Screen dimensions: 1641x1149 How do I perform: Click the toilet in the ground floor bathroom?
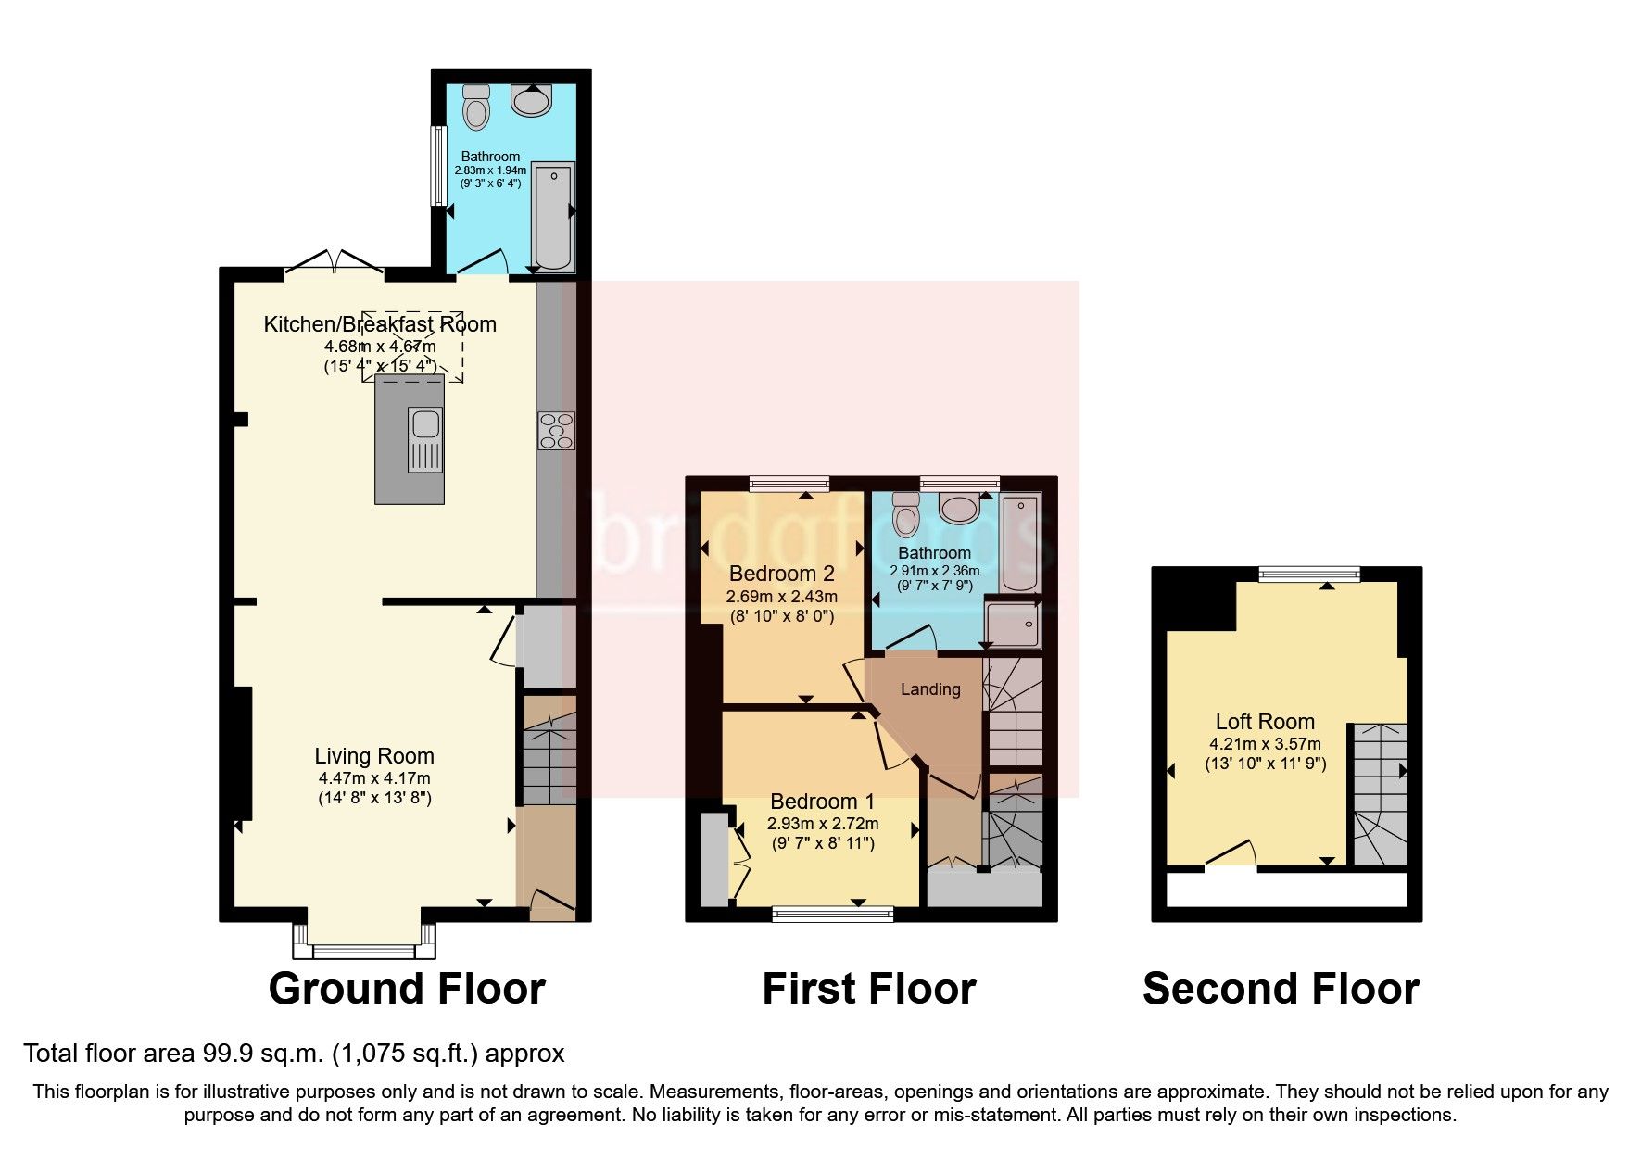click(476, 107)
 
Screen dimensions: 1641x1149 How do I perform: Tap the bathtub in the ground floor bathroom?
click(553, 216)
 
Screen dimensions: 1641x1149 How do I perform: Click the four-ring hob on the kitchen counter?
click(556, 431)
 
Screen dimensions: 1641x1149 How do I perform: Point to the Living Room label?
click(374, 756)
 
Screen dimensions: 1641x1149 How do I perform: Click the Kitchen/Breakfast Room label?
click(380, 324)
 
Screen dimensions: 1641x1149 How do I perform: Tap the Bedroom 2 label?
click(782, 574)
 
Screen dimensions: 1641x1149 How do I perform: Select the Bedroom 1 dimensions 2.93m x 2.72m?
click(823, 823)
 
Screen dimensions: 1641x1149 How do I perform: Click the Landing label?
click(930, 689)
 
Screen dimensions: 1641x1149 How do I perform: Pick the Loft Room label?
click(1265, 722)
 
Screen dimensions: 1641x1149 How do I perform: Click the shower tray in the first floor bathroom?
click(1012, 623)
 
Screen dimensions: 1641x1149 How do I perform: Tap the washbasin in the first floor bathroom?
click(959, 509)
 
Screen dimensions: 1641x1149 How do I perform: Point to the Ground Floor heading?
click(407, 989)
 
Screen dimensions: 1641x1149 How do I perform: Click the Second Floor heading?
click(1281, 989)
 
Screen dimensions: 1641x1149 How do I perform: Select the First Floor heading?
click(869, 989)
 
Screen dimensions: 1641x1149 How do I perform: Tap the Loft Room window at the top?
click(1309, 574)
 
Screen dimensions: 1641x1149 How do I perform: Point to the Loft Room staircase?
click(1378, 794)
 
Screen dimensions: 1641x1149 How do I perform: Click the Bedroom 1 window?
click(833, 915)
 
